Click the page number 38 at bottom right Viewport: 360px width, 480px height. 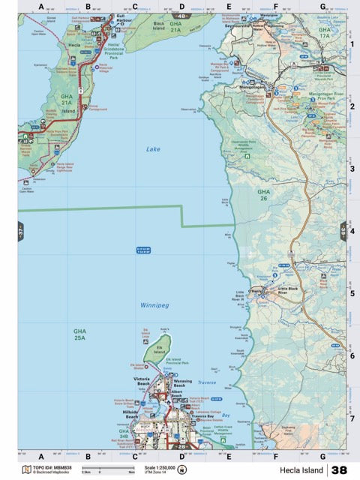(339, 470)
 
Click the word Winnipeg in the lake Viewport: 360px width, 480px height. (154, 306)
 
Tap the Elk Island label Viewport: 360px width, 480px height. (160, 348)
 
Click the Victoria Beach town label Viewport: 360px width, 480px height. (141, 381)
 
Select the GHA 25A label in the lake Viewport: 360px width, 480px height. (79, 333)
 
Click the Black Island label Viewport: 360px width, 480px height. (158, 24)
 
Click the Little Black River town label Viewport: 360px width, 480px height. (288, 289)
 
